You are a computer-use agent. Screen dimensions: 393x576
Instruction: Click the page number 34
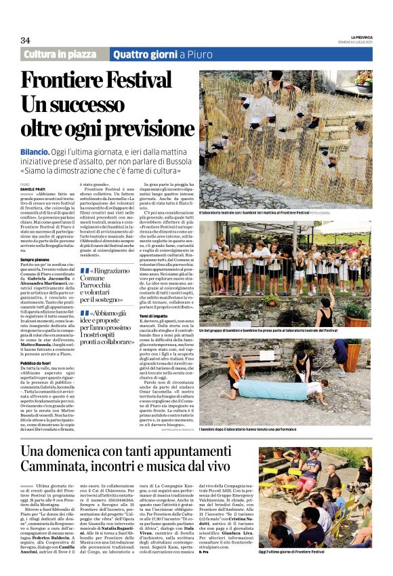pos(25,40)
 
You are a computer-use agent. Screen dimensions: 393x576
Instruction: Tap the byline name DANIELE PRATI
pos(34,187)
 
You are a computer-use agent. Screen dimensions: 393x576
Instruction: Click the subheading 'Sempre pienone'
pos(38,260)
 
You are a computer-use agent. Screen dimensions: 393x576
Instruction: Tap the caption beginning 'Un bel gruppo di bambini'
pos(278,330)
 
